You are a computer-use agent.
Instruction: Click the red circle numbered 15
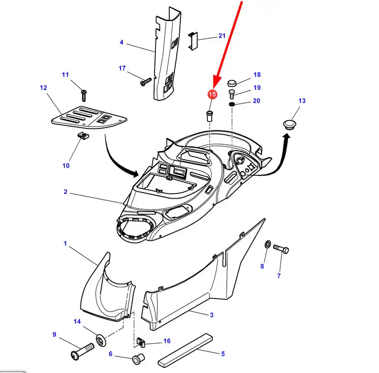pyautogui.click(x=212, y=94)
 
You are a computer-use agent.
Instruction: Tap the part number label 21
pyautogui.click(x=222, y=36)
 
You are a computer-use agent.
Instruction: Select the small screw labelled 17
pyautogui.click(x=145, y=82)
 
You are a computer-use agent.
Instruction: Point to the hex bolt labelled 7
pyautogui.click(x=281, y=249)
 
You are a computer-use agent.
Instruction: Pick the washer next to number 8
pyautogui.click(x=268, y=244)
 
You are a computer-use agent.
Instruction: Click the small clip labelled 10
pyautogui.click(x=83, y=135)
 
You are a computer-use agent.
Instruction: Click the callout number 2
pyautogui.click(x=65, y=192)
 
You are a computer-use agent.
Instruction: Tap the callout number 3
pyautogui.click(x=211, y=315)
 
